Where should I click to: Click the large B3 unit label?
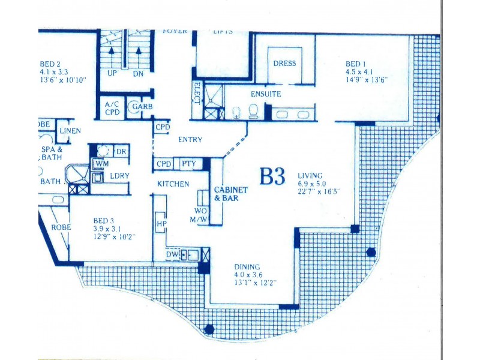272,177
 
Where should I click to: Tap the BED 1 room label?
355,64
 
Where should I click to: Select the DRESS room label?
284,64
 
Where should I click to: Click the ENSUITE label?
266,94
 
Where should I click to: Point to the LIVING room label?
310,176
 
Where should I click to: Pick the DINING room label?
247,267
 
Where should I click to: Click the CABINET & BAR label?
231,194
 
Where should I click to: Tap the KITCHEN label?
173,184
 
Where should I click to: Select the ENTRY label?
190,140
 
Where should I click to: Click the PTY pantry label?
188,164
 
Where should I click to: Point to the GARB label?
142,106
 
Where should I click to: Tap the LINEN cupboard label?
70,131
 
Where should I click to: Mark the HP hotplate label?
161,223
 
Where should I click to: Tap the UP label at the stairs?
112,73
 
